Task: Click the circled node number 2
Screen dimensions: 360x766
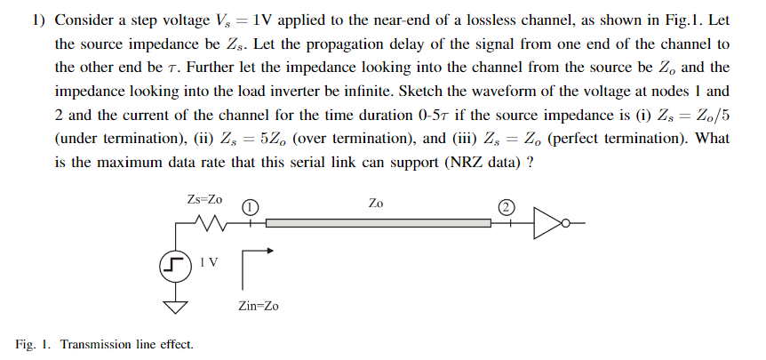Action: point(506,207)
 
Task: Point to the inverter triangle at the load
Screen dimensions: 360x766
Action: point(548,223)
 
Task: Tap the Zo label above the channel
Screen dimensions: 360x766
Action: point(377,204)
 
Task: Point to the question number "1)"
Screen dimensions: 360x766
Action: point(38,20)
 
